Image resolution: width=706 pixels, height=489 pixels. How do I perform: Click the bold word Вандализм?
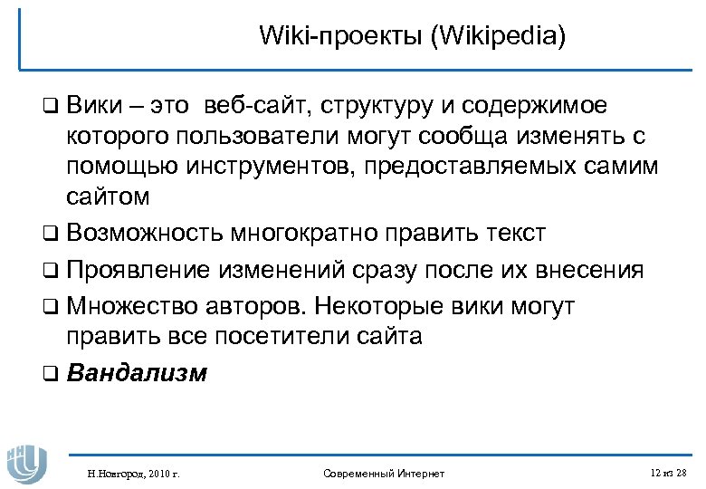point(137,372)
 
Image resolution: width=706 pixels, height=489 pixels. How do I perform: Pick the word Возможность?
point(146,233)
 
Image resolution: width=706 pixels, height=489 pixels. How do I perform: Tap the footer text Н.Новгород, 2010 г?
point(128,473)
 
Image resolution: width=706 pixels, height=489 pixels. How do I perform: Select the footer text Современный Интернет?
point(384,473)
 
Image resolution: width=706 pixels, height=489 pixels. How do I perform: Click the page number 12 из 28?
point(668,472)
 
